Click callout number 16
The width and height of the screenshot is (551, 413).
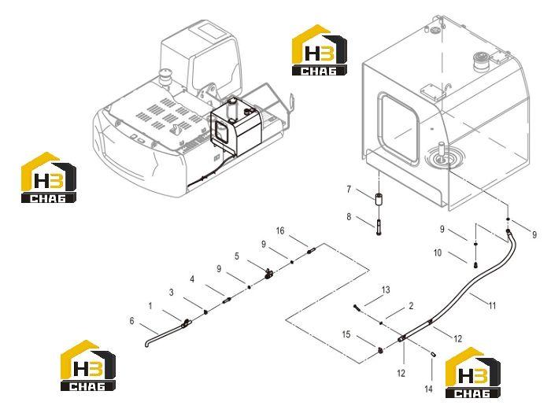click(280, 230)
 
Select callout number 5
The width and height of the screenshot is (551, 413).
click(237, 256)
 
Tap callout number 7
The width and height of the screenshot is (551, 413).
click(349, 190)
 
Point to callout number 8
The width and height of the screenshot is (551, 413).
click(349, 216)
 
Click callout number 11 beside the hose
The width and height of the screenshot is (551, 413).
click(492, 305)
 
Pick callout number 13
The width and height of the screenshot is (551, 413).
click(386, 289)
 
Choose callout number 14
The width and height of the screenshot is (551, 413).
click(428, 389)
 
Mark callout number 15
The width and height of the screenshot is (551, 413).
click(346, 334)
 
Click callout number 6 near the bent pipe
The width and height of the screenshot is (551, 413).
click(131, 321)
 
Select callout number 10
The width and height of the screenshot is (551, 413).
click(438, 253)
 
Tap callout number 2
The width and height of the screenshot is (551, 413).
click(411, 306)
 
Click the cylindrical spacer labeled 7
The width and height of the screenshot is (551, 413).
click(379, 199)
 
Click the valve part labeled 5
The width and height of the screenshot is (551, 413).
click(268, 273)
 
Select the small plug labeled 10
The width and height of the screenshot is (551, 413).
click(475, 264)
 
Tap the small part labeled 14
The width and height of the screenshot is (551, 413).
click(433, 354)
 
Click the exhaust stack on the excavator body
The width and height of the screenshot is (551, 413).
click(165, 77)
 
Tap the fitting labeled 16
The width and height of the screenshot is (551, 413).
click(311, 251)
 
